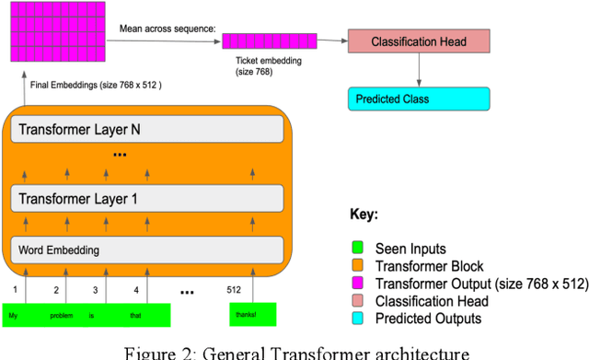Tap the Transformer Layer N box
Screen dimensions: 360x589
coord(147,130)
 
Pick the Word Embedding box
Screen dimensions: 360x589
coord(147,250)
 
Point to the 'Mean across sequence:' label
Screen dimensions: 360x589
coord(167,29)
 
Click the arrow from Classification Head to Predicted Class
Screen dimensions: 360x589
coord(419,69)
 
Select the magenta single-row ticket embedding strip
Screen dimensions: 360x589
coord(270,41)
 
